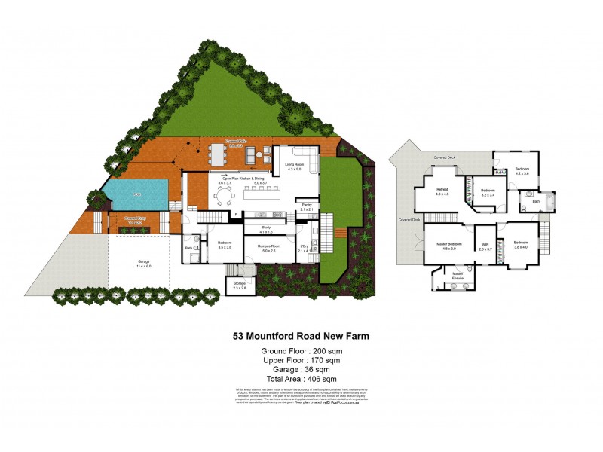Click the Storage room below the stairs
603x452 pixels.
[240, 286]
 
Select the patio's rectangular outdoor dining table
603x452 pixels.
[219, 154]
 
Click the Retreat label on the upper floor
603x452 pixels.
[442, 191]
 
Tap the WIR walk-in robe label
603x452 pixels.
[485, 244]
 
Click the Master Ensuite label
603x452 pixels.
[457, 276]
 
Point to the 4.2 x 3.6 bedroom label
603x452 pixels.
[522, 169]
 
